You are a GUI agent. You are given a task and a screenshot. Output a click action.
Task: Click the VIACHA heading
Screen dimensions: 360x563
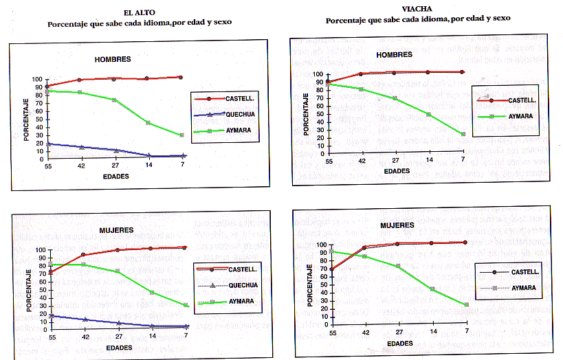tap(417, 9)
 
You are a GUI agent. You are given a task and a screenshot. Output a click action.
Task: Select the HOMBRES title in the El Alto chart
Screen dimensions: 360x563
tap(113, 59)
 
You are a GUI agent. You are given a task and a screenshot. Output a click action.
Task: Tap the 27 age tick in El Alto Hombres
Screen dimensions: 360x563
tap(115, 166)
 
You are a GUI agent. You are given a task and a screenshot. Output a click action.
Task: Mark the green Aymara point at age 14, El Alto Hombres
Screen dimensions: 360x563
tap(148, 122)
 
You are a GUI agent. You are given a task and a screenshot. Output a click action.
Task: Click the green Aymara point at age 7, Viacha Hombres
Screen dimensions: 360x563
tap(463, 134)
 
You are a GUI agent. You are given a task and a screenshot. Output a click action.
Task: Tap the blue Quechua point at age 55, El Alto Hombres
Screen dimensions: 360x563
tap(47, 144)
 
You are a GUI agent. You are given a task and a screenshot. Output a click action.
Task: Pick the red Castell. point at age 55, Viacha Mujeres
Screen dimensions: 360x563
tap(331, 269)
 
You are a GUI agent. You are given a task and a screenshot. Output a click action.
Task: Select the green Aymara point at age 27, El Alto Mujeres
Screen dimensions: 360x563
tap(118, 271)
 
